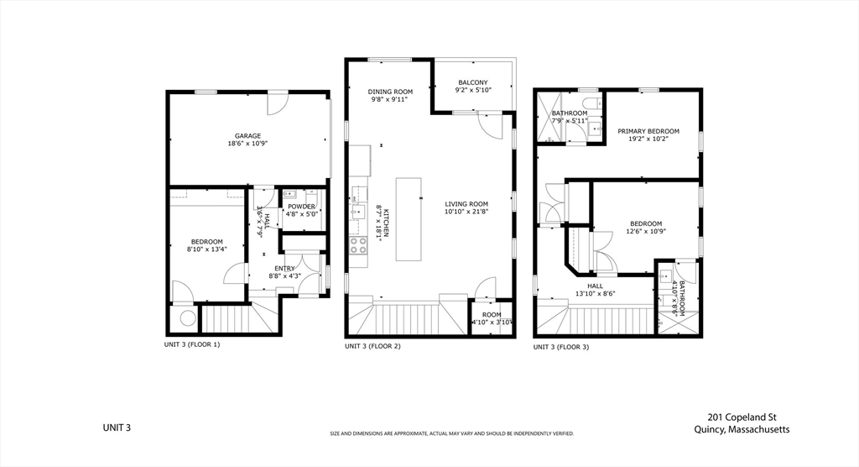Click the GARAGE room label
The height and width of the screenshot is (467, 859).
coord(247,136)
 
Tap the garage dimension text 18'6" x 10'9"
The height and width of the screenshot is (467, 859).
coord(247,144)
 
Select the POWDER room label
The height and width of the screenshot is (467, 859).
coord(301,207)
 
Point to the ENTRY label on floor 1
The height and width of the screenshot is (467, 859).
coord(284,269)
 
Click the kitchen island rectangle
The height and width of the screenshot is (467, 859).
coord(408,208)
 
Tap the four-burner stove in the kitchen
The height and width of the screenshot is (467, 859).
coord(358,245)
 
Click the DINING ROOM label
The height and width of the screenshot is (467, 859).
coord(391,92)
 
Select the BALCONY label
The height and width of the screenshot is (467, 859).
coord(472,82)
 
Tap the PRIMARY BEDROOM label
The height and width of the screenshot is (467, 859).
coord(648,132)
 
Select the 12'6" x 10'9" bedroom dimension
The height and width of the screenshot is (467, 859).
coord(646,231)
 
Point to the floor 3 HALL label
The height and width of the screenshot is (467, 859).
coord(596,286)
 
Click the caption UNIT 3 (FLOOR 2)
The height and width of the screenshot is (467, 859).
coord(372,346)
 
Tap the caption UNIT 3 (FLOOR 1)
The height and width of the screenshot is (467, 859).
coord(191,344)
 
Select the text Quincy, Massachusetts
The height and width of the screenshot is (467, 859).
coord(742,429)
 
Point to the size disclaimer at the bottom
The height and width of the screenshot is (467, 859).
coord(451,433)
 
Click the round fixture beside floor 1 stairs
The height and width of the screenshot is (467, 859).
coord(186,318)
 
